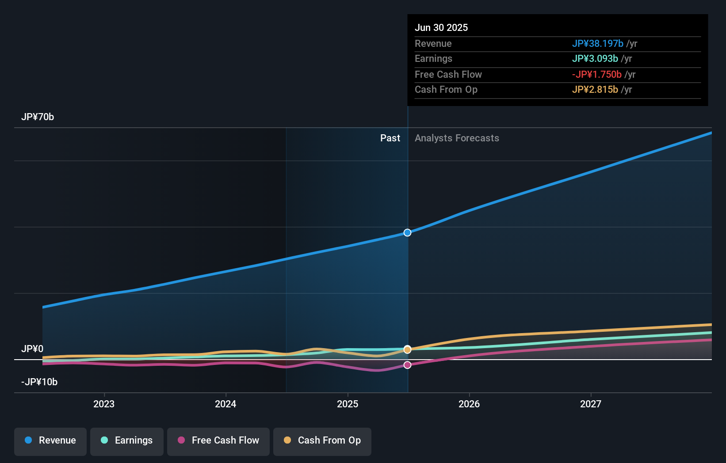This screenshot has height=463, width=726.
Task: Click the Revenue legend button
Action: click(50, 441)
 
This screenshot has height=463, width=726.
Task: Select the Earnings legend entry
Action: click(127, 441)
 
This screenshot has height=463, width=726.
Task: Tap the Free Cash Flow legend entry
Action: click(218, 441)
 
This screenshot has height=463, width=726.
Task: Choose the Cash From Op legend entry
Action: click(322, 441)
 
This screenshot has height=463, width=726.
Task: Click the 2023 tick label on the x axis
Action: click(104, 404)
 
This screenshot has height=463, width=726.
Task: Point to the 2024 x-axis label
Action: click(225, 404)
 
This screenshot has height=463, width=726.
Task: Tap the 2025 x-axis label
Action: click(348, 404)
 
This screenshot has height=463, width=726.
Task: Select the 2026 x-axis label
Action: click(469, 404)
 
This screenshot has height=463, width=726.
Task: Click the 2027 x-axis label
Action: click(591, 404)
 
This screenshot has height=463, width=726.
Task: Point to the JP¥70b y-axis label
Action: click(38, 117)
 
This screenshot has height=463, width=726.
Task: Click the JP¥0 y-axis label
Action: click(32, 349)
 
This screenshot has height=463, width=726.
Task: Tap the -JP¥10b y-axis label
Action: click(39, 382)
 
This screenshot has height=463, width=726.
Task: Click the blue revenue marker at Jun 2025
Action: click(407, 233)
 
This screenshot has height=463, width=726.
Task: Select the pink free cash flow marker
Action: click(407, 365)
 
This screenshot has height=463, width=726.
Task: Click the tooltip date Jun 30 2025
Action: click(441, 28)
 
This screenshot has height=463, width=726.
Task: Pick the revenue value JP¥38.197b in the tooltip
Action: click(597, 44)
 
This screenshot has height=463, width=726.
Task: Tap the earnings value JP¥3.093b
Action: click(595, 59)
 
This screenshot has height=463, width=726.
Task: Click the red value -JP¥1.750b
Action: click(596, 75)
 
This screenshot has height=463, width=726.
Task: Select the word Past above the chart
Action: click(390, 138)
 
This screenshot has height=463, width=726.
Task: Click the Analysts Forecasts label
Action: click(457, 138)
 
